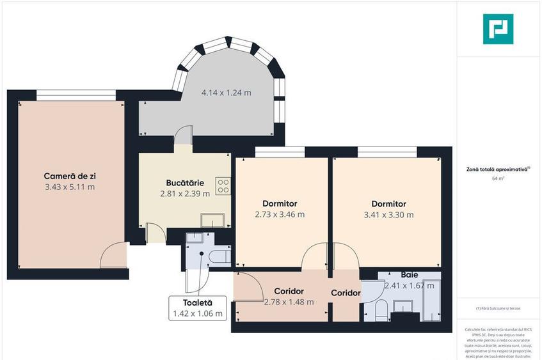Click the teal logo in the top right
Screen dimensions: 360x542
tap(498, 29)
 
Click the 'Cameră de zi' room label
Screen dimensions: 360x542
tap(70, 175)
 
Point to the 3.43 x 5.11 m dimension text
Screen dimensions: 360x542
tap(70, 187)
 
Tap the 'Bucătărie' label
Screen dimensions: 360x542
tap(184, 182)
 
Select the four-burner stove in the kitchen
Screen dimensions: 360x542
tap(223, 186)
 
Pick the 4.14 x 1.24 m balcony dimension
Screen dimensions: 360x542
tap(226, 93)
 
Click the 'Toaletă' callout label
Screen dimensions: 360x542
tap(197, 302)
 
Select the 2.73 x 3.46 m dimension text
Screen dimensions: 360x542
tap(279, 214)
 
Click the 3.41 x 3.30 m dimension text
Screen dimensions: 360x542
tap(388, 215)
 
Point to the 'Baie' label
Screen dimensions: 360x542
tap(410, 274)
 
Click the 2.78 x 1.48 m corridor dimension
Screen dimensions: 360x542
tap(289, 302)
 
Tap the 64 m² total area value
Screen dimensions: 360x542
tap(498, 178)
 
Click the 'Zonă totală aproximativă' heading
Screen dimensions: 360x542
tap(497, 169)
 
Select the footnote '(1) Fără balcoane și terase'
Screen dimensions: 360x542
tap(498, 308)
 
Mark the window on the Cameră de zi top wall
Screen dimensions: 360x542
tap(76, 95)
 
